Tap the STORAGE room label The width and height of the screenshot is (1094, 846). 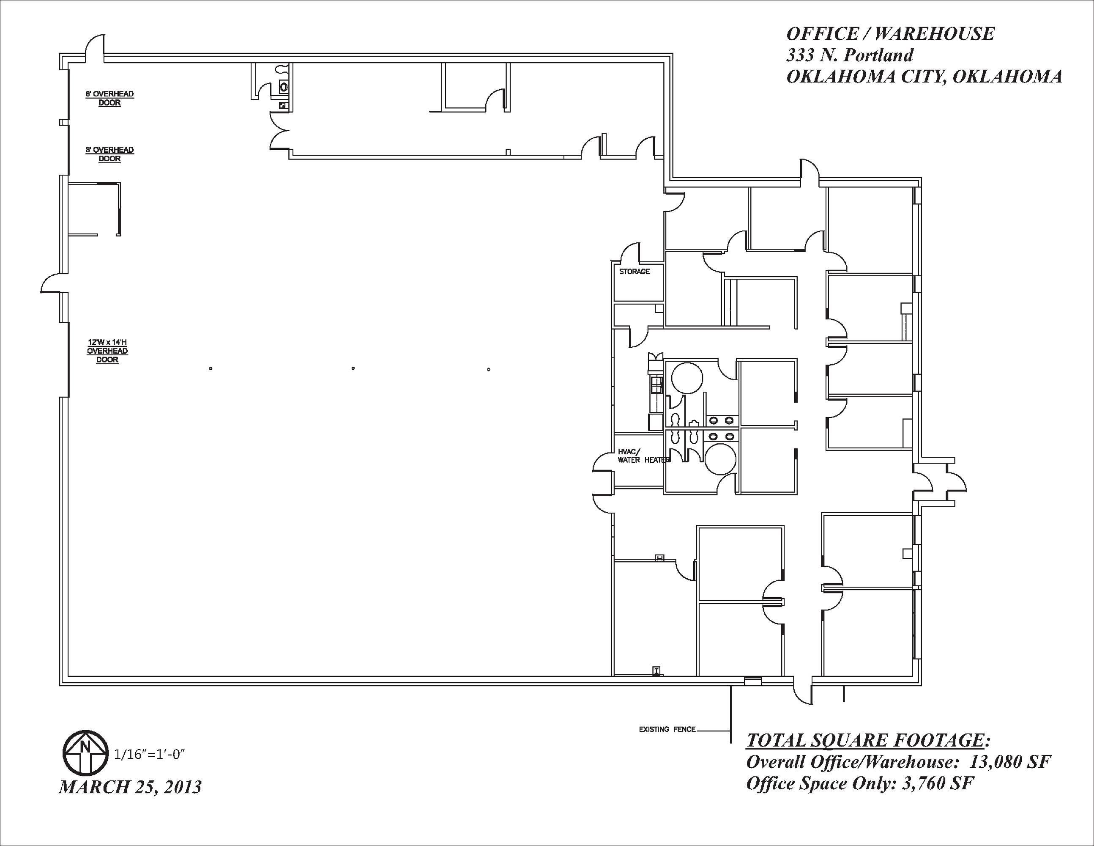(x=634, y=272)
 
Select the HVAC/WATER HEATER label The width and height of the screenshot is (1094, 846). (x=644, y=456)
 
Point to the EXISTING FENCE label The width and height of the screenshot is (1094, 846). (x=667, y=729)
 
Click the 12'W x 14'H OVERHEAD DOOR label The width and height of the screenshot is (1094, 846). (x=107, y=351)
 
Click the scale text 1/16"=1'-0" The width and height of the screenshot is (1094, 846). (x=150, y=754)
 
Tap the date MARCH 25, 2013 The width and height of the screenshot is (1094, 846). (x=130, y=787)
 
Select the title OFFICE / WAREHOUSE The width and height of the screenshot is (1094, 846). (x=890, y=33)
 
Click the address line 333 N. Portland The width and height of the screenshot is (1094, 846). (x=850, y=55)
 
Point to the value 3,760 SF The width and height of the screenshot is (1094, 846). (x=938, y=783)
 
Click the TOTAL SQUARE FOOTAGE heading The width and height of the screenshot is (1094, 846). (x=869, y=741)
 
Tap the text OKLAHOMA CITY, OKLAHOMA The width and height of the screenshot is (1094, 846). (x=924, y=76)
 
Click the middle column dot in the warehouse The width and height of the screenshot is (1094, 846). (x=353, y=368)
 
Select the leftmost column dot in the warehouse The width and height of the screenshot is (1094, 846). (x=211, y=368)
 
